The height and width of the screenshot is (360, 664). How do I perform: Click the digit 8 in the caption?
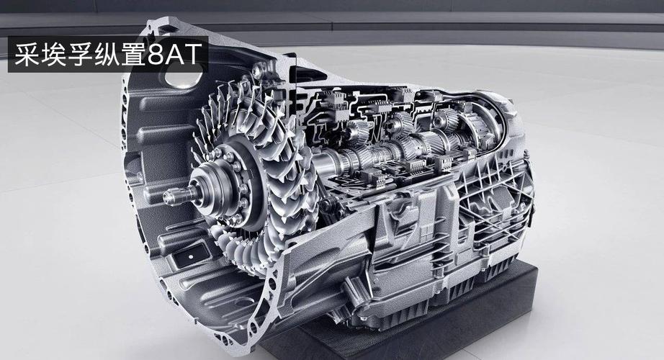(x=156, y=54)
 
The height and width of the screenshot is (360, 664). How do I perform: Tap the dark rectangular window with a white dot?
(x=192, y=256)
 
